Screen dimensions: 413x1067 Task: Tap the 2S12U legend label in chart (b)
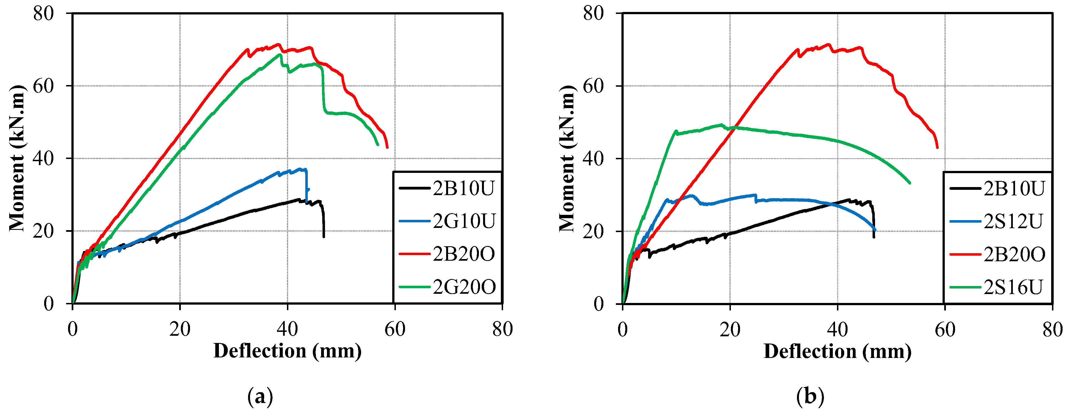(1013, 222)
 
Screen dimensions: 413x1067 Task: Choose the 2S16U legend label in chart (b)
(1013, 287)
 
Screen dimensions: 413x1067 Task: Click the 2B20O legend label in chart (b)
(1014, 254)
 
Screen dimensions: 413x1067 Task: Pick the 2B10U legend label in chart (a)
(464, 188)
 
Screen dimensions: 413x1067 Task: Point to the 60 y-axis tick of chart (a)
(44, 86)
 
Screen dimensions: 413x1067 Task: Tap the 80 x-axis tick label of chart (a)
(502, 330)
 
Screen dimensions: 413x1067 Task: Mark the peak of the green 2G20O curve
(280, 54)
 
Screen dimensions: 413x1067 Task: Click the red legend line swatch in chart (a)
(414, 254)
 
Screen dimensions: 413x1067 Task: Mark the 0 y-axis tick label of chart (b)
(599, 304)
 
